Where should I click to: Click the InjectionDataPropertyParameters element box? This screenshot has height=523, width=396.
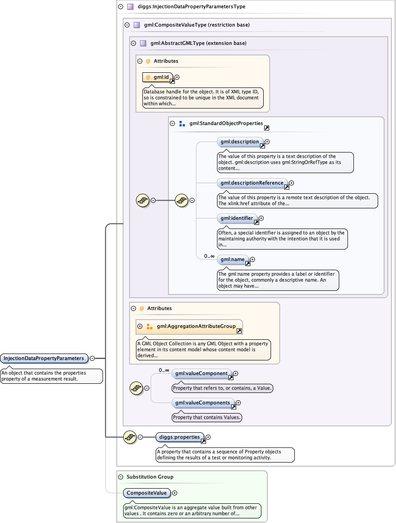pyautogui.click(x=44, y=358)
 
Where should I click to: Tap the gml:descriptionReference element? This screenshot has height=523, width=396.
pyautogui.click(x=252, y=183)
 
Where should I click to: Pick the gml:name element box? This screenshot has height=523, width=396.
pyautogui.click(x=233, y=260)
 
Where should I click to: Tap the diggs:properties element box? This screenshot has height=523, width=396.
pyautogui.click(x=179, y=437)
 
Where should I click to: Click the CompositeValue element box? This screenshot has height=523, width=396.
pyautogui.click(x=146, y=493)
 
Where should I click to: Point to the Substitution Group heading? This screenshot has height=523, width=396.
pyautogui.click(x=150, y=477)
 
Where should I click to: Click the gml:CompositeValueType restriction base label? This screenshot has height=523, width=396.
pyautogui.click(x=196, y=25)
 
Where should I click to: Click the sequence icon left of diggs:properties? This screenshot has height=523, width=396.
pyautogui.click(x=130, y=437)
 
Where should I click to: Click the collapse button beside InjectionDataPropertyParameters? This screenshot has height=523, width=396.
pyautogui.click(x=92, y=358)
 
